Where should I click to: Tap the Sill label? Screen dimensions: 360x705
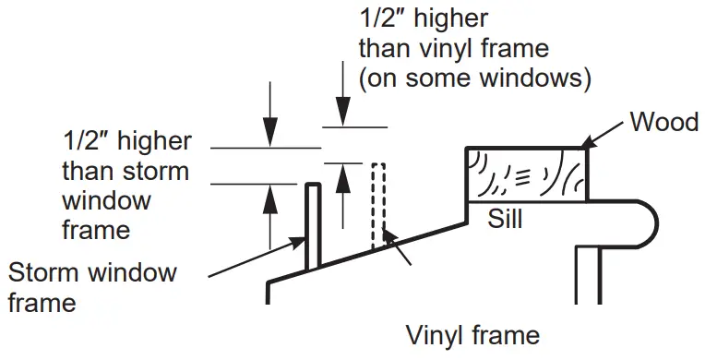click(x=506, y=219)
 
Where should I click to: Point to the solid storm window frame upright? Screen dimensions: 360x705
click(x=312, y=225)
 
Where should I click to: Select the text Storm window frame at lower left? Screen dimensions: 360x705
click(x=92, y=286)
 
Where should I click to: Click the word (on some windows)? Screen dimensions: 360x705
click(x=474, y=78)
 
